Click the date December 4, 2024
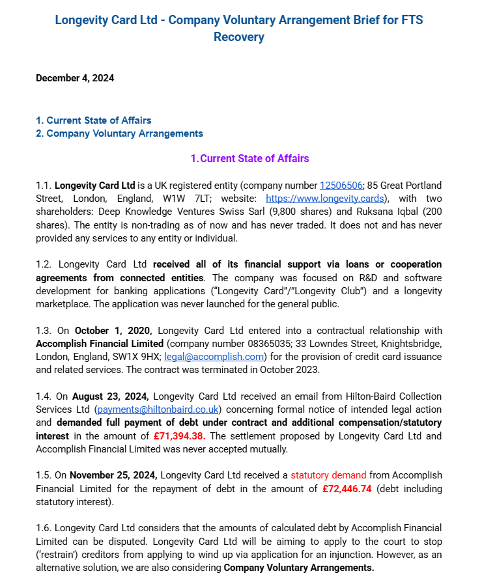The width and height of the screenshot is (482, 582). [x=75, y=78]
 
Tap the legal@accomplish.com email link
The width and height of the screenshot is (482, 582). [x=214, y=357]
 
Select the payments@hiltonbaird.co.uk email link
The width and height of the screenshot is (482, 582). [x=157, y=409]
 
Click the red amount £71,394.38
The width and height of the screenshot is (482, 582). [x=179, y=436]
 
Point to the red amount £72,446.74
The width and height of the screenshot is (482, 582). [x=347, y=488]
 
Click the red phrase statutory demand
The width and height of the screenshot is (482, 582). [x=328, y=475]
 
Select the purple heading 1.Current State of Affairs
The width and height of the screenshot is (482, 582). [x=249, y=158]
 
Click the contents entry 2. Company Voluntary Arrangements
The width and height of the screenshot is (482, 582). [x=119, y=133]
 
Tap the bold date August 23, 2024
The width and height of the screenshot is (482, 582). [x=111, y=396]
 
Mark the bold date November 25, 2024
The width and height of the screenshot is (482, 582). [x=113, y=475]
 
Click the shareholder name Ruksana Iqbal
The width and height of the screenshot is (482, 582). [x=388, y=212]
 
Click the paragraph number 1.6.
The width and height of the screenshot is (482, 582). [x=44, y=528]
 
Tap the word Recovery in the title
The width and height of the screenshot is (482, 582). [x=239, y=37]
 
